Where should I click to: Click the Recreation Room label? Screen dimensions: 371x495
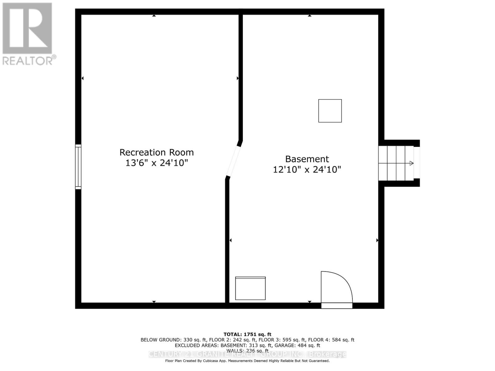pos(157,152)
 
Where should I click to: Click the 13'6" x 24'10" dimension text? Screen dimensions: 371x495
pos(157,163)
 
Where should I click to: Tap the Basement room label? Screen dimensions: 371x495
pos(307,159)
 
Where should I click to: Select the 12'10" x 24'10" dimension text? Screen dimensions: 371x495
pos(307,170)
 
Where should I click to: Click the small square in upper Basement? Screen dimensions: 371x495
pos(330,111)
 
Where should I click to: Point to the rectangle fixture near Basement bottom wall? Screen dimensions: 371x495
pos(250,288)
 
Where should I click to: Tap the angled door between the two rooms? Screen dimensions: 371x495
pos(233,160)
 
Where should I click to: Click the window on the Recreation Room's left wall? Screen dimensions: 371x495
pos(78,167)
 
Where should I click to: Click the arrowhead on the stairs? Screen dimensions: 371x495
pos(411,163)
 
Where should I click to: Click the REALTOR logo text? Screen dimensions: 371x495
pos(29,61)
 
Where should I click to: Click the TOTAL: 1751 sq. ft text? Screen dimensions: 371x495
pos(247,334)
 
